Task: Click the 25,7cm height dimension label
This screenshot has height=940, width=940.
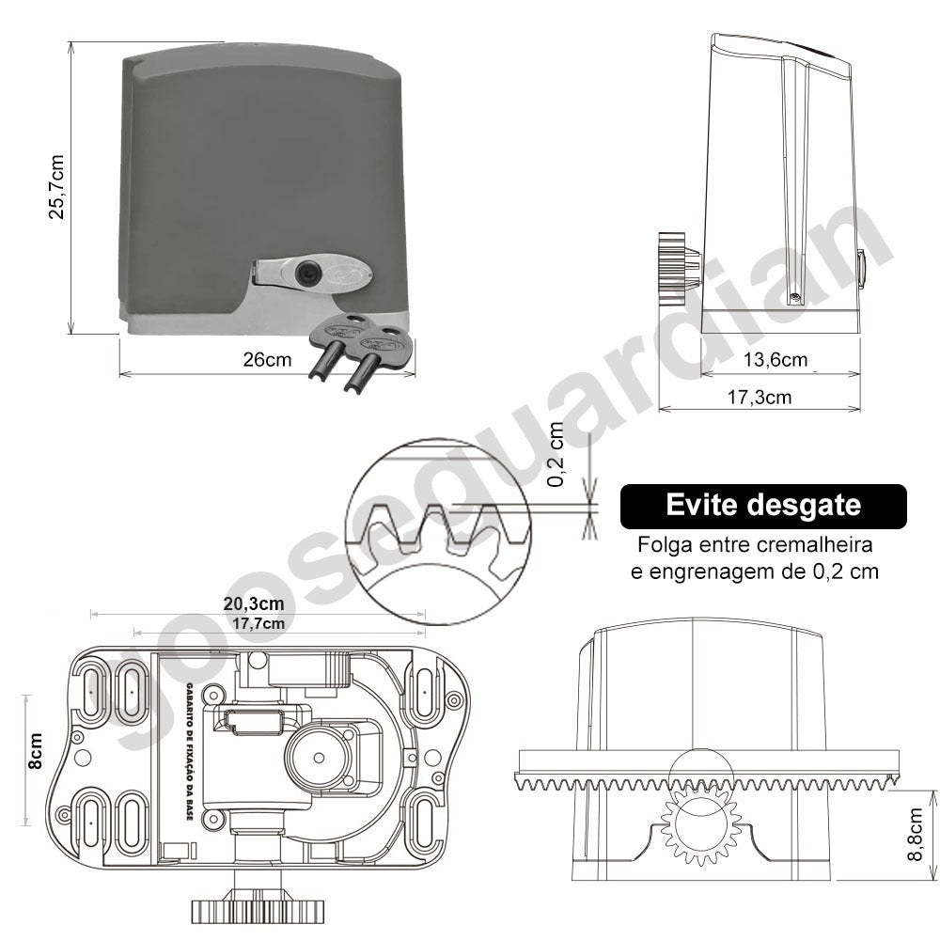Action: point(55,187)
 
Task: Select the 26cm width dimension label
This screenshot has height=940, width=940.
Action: point(267,359)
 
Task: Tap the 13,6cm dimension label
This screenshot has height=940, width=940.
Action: point(775,359)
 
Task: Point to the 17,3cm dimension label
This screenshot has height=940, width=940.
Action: point(759,397)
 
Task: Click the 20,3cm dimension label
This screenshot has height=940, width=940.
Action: point(254,603)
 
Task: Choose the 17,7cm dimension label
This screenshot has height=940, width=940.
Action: point(258,623)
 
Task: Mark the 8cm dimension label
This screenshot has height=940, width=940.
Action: point(35,750)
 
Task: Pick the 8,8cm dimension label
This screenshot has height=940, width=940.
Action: point(915,835)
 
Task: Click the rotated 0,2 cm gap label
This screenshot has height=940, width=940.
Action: point(556,454)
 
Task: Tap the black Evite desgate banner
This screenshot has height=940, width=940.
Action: point(763,506)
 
